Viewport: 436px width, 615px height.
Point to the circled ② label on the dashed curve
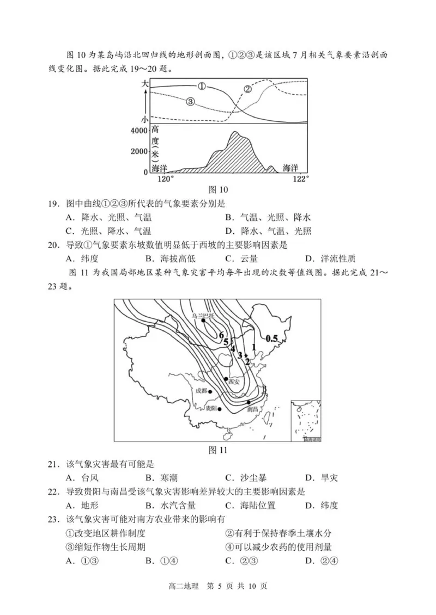pos(247,89)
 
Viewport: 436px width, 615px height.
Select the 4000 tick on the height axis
pos(138,131)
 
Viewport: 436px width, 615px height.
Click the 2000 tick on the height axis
pos(138,151)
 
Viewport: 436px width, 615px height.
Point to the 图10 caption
pos(218,190)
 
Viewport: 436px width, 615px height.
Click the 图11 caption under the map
pos(218,450)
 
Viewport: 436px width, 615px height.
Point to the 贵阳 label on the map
pos(210,408)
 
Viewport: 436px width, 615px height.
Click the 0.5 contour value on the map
pos(271,339)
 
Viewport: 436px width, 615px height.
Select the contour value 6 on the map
pos(222,335)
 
